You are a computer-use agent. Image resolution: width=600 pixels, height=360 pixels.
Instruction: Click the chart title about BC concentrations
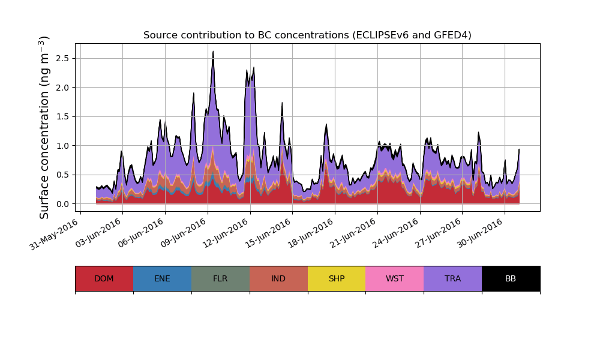(307, 35)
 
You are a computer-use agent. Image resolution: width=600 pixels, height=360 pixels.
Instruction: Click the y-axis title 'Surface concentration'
(44, 127)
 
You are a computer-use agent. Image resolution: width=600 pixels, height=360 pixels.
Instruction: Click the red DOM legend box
(104, 278)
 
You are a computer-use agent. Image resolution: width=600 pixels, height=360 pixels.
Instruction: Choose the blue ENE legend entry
(162, 278)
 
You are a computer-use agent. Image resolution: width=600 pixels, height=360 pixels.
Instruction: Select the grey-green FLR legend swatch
(220, 278)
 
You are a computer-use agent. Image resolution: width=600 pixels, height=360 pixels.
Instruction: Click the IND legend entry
(278, 278)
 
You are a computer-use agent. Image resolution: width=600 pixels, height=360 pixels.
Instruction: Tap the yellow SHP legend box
(337, 278)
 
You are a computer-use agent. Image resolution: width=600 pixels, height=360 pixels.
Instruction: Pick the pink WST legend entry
(395, 278)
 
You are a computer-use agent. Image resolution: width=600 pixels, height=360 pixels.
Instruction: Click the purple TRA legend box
(453, 278)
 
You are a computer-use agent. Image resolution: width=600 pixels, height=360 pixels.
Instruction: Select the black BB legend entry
(511, 278)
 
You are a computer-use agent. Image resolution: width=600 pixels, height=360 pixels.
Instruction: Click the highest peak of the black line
(213, 52)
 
